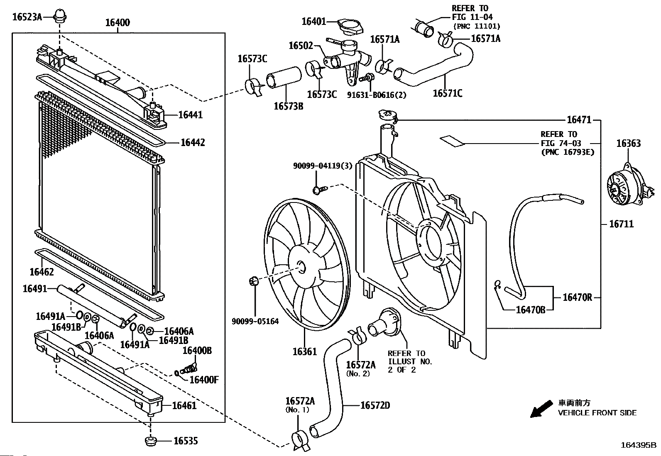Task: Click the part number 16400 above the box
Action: pyautogui.click(x=118, y=22)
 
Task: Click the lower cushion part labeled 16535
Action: pyautogui.click(x=151, y=441)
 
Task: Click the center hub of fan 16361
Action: pyautogui.click(x=301, y=268)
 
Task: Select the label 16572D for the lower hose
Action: pyautogui.click(x=375, y=405)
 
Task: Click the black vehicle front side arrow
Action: pyautogui.click(x=541, y=409)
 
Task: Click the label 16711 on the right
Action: pyautogui.click(x=622, y=224)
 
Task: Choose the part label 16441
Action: pyautogui.click(x=190, y=115)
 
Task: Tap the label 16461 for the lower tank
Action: pyautogui.click(x=184, y=405)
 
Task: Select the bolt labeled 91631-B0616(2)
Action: pyautogui.click(x=367, y=78)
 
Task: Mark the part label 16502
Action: pyautogui.click(x=301, y=46)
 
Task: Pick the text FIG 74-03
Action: pyautogui.click(x=561, y=143)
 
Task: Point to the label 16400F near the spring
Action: pyautogui.click(x=204, y=380)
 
